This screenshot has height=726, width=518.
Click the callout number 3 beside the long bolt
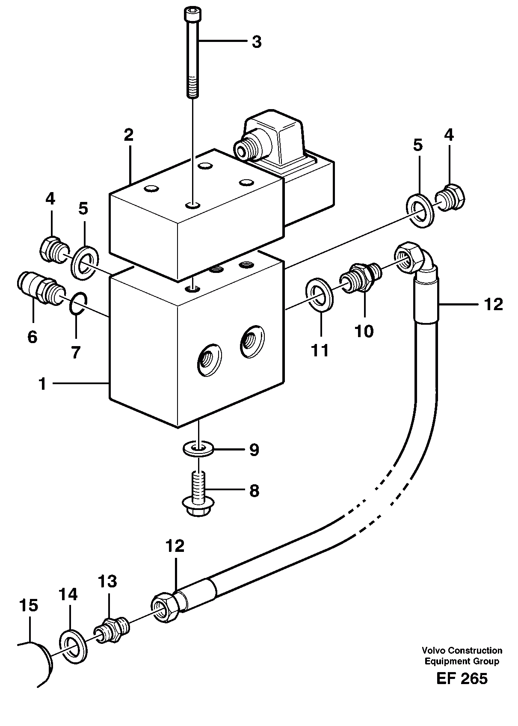256,42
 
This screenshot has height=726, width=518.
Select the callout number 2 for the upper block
128,135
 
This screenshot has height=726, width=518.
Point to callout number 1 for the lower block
42,384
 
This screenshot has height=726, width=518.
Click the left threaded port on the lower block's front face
209,360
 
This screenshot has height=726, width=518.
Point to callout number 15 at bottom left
28,605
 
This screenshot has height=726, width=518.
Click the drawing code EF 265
462,679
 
